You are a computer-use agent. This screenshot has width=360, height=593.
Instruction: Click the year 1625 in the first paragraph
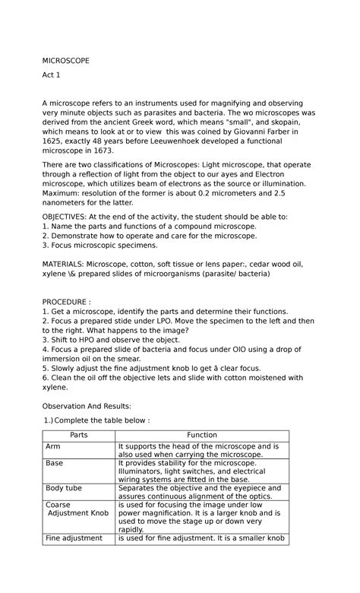tap(53, 142)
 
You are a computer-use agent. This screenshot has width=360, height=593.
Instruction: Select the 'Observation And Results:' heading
tap(87, 406)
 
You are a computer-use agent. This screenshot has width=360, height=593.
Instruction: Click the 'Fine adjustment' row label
tap(74, 538)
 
